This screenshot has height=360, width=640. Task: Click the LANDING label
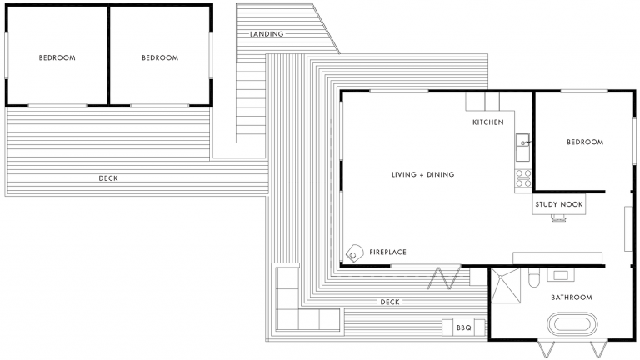267,34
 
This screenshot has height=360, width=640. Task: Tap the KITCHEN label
488,122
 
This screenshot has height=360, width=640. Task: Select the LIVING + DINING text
422,174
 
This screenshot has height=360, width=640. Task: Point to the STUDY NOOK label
558,203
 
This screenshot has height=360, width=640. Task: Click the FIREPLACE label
388,251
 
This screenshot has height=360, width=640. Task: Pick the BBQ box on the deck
463,328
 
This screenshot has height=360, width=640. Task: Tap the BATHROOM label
571,297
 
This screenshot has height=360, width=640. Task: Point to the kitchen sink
523,142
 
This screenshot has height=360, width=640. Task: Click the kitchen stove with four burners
524,176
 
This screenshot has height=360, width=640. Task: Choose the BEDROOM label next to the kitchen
584,142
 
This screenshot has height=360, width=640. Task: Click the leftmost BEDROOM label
57,58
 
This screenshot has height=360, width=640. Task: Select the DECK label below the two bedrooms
108,178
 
